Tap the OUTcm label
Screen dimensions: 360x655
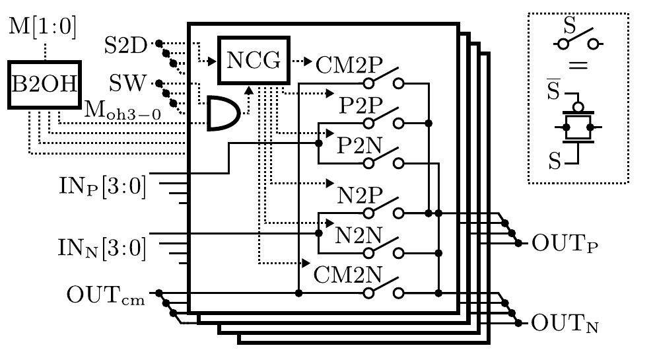[x=106, y=293]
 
